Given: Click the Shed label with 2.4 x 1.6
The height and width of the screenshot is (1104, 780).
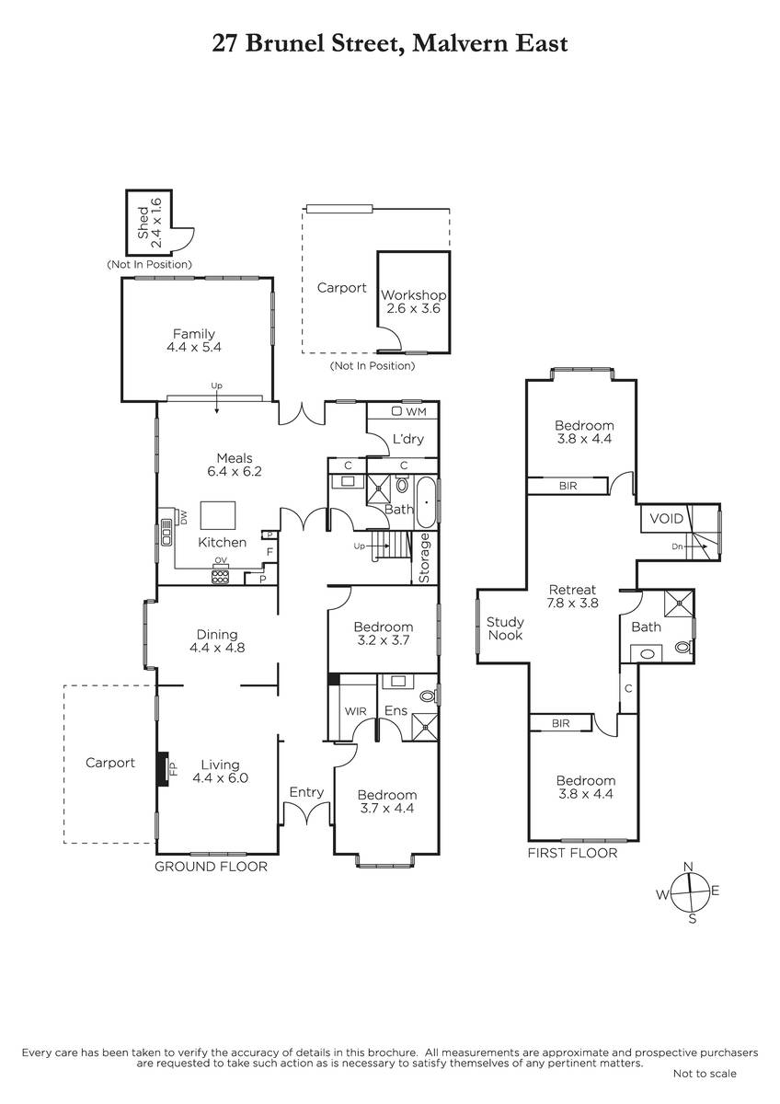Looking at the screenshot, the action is pos(149,224).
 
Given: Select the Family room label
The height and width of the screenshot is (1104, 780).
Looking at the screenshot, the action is pos(194,340).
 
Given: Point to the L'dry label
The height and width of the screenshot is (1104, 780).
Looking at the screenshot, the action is pos(408,439).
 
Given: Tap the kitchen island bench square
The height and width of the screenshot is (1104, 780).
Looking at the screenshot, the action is pos(218,515).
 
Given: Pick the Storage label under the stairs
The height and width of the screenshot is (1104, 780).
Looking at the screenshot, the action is pos(424,558).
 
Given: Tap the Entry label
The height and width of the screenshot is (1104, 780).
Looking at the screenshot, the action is pos(306,792).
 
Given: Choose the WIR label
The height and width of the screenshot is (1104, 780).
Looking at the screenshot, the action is pos(355,711).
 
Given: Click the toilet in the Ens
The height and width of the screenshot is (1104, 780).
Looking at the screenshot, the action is pos(429,696).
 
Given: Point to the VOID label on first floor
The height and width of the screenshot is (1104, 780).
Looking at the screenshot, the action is pos(667,519).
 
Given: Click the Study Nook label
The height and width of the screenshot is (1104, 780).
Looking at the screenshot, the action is pos(505,628).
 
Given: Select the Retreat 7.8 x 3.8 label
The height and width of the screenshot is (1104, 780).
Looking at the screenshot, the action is pos(572,596).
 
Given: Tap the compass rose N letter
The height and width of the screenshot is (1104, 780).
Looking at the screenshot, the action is pos(689,867).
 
